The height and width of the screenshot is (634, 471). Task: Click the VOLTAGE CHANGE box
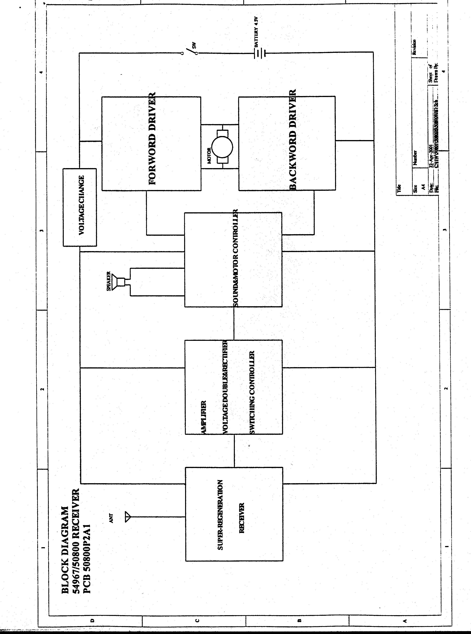click(80, 207)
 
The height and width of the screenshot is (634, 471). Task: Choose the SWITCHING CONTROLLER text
click(252, 393)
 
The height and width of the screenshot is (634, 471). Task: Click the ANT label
click(112, 518)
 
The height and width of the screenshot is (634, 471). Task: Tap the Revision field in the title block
click(415, 47)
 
